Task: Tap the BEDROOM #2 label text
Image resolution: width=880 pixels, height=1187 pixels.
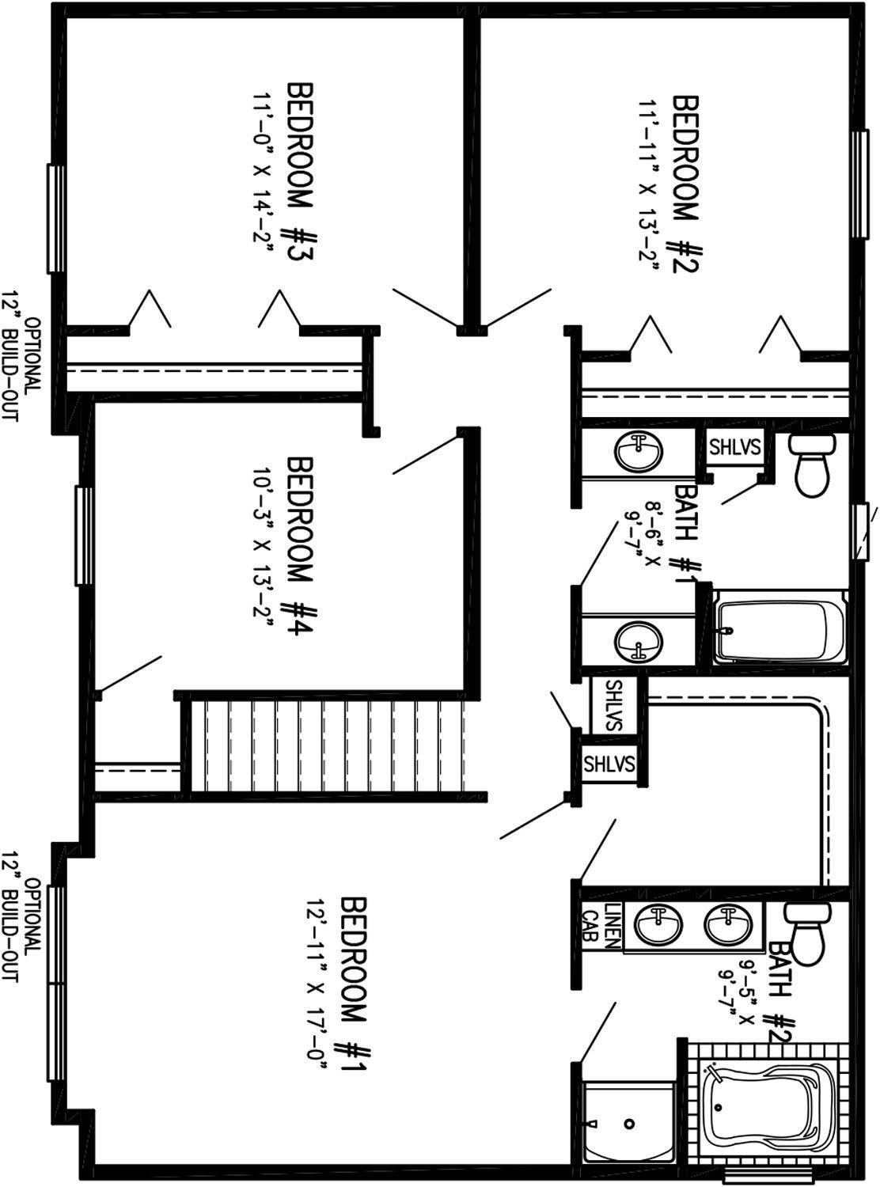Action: coord(685,184)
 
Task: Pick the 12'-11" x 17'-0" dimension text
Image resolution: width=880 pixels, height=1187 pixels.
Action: coord(317,985)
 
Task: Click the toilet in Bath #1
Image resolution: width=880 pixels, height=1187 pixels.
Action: coord(813,464)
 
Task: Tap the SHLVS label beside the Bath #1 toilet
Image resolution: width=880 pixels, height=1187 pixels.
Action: coord(735,447)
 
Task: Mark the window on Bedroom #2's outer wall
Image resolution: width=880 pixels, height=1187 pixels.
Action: coord(859,184)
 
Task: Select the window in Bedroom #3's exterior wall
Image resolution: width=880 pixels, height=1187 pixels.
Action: coord(56,218)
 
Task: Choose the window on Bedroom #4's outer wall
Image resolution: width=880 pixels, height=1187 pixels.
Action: coord(84,535)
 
